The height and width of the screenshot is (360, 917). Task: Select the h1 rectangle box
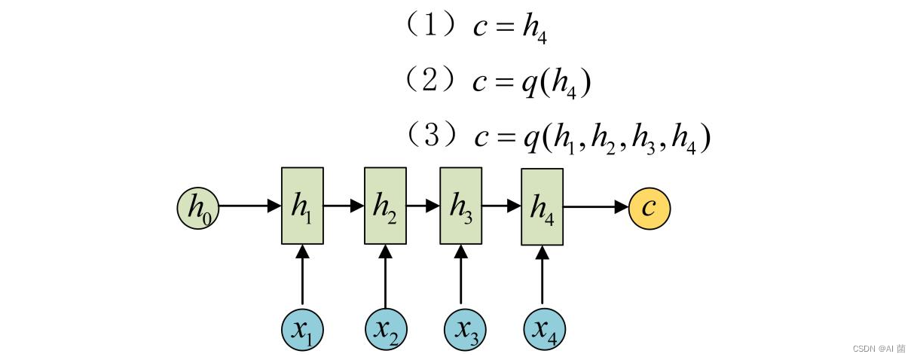pos(303,206)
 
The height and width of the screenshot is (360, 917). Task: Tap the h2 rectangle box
pos(385,206)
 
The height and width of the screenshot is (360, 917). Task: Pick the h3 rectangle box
pos(460,206)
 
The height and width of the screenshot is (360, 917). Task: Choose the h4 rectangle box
pos(543,206)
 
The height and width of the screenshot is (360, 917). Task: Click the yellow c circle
pos(650,208)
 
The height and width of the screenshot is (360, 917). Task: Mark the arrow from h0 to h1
pos(249,206)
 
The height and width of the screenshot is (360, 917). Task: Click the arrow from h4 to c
pos(596,206)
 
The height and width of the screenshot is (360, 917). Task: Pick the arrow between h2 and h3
pos(423,205)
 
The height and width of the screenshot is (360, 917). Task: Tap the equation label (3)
pos(431,136)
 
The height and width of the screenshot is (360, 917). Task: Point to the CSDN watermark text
pos(879,349)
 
